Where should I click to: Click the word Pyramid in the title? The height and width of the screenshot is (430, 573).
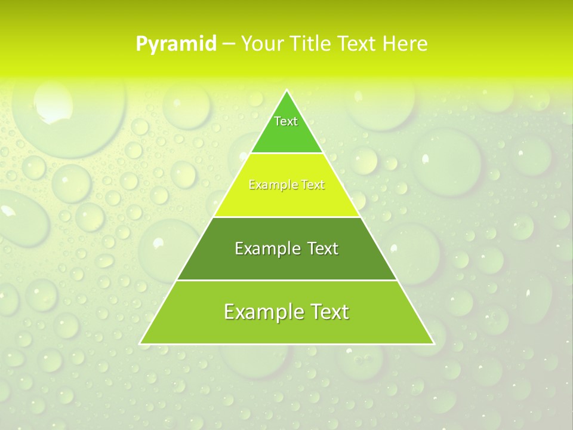[176, 44]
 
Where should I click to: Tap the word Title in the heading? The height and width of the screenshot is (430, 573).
[313, 44]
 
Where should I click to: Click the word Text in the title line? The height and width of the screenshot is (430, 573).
[358, 44]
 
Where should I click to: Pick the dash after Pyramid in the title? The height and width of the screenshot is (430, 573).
[228, 44]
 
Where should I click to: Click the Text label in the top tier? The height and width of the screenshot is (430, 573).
[286, 121]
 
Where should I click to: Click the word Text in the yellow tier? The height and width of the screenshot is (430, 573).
[313, 185]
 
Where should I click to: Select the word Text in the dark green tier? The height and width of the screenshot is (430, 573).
[322, 248]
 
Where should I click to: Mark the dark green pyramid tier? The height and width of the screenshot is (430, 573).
[286, 266]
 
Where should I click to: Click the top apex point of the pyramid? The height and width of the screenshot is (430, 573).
[286, 90]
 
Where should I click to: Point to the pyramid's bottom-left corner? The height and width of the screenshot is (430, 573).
[141, 343]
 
